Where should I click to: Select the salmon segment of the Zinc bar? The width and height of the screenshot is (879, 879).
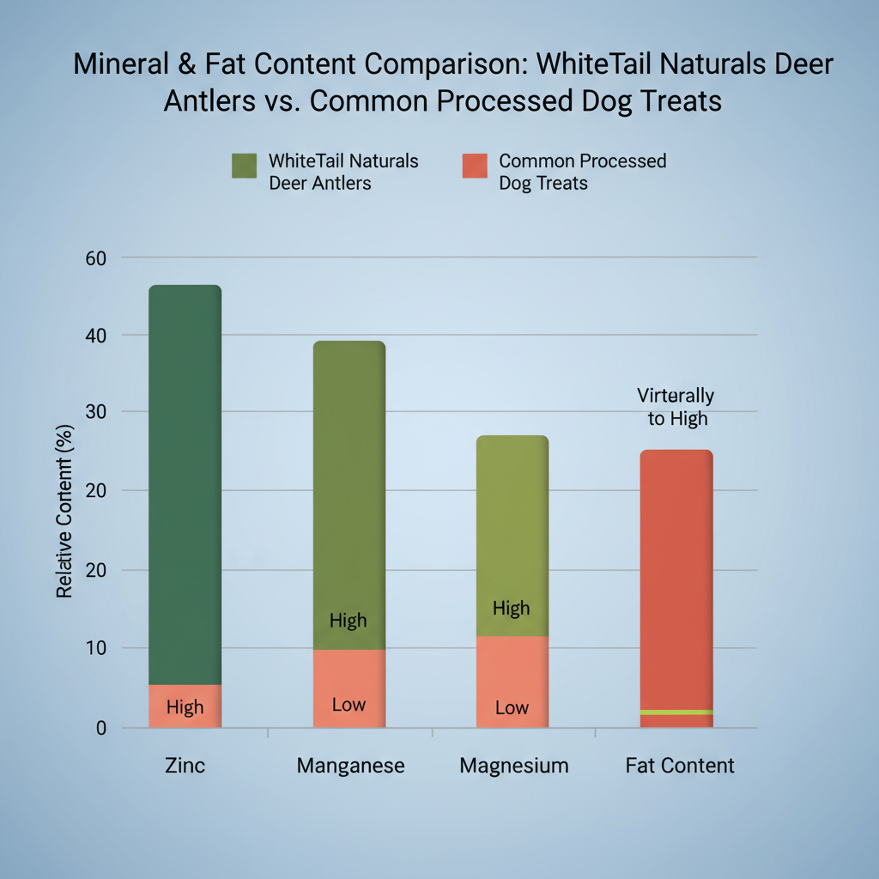(185, 706)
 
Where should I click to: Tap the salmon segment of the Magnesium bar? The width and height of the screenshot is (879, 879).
(512, 682)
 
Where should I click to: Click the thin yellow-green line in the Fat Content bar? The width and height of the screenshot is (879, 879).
(676, 712)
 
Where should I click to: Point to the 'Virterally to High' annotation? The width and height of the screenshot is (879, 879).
(676, 407)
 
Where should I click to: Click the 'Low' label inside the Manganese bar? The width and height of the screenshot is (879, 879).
(349, 705)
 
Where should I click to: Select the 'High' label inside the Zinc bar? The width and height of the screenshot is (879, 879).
(185, 707)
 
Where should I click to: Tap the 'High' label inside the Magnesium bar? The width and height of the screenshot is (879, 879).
(512, 609)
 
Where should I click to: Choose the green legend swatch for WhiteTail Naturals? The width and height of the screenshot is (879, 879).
(245, 166)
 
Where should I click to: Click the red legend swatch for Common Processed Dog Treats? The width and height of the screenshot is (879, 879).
(474, 166)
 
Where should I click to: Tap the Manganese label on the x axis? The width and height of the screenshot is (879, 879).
(350, 766)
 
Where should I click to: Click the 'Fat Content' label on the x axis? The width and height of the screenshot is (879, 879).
(680, 766)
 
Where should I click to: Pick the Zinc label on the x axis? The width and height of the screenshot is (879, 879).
(185, 766)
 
